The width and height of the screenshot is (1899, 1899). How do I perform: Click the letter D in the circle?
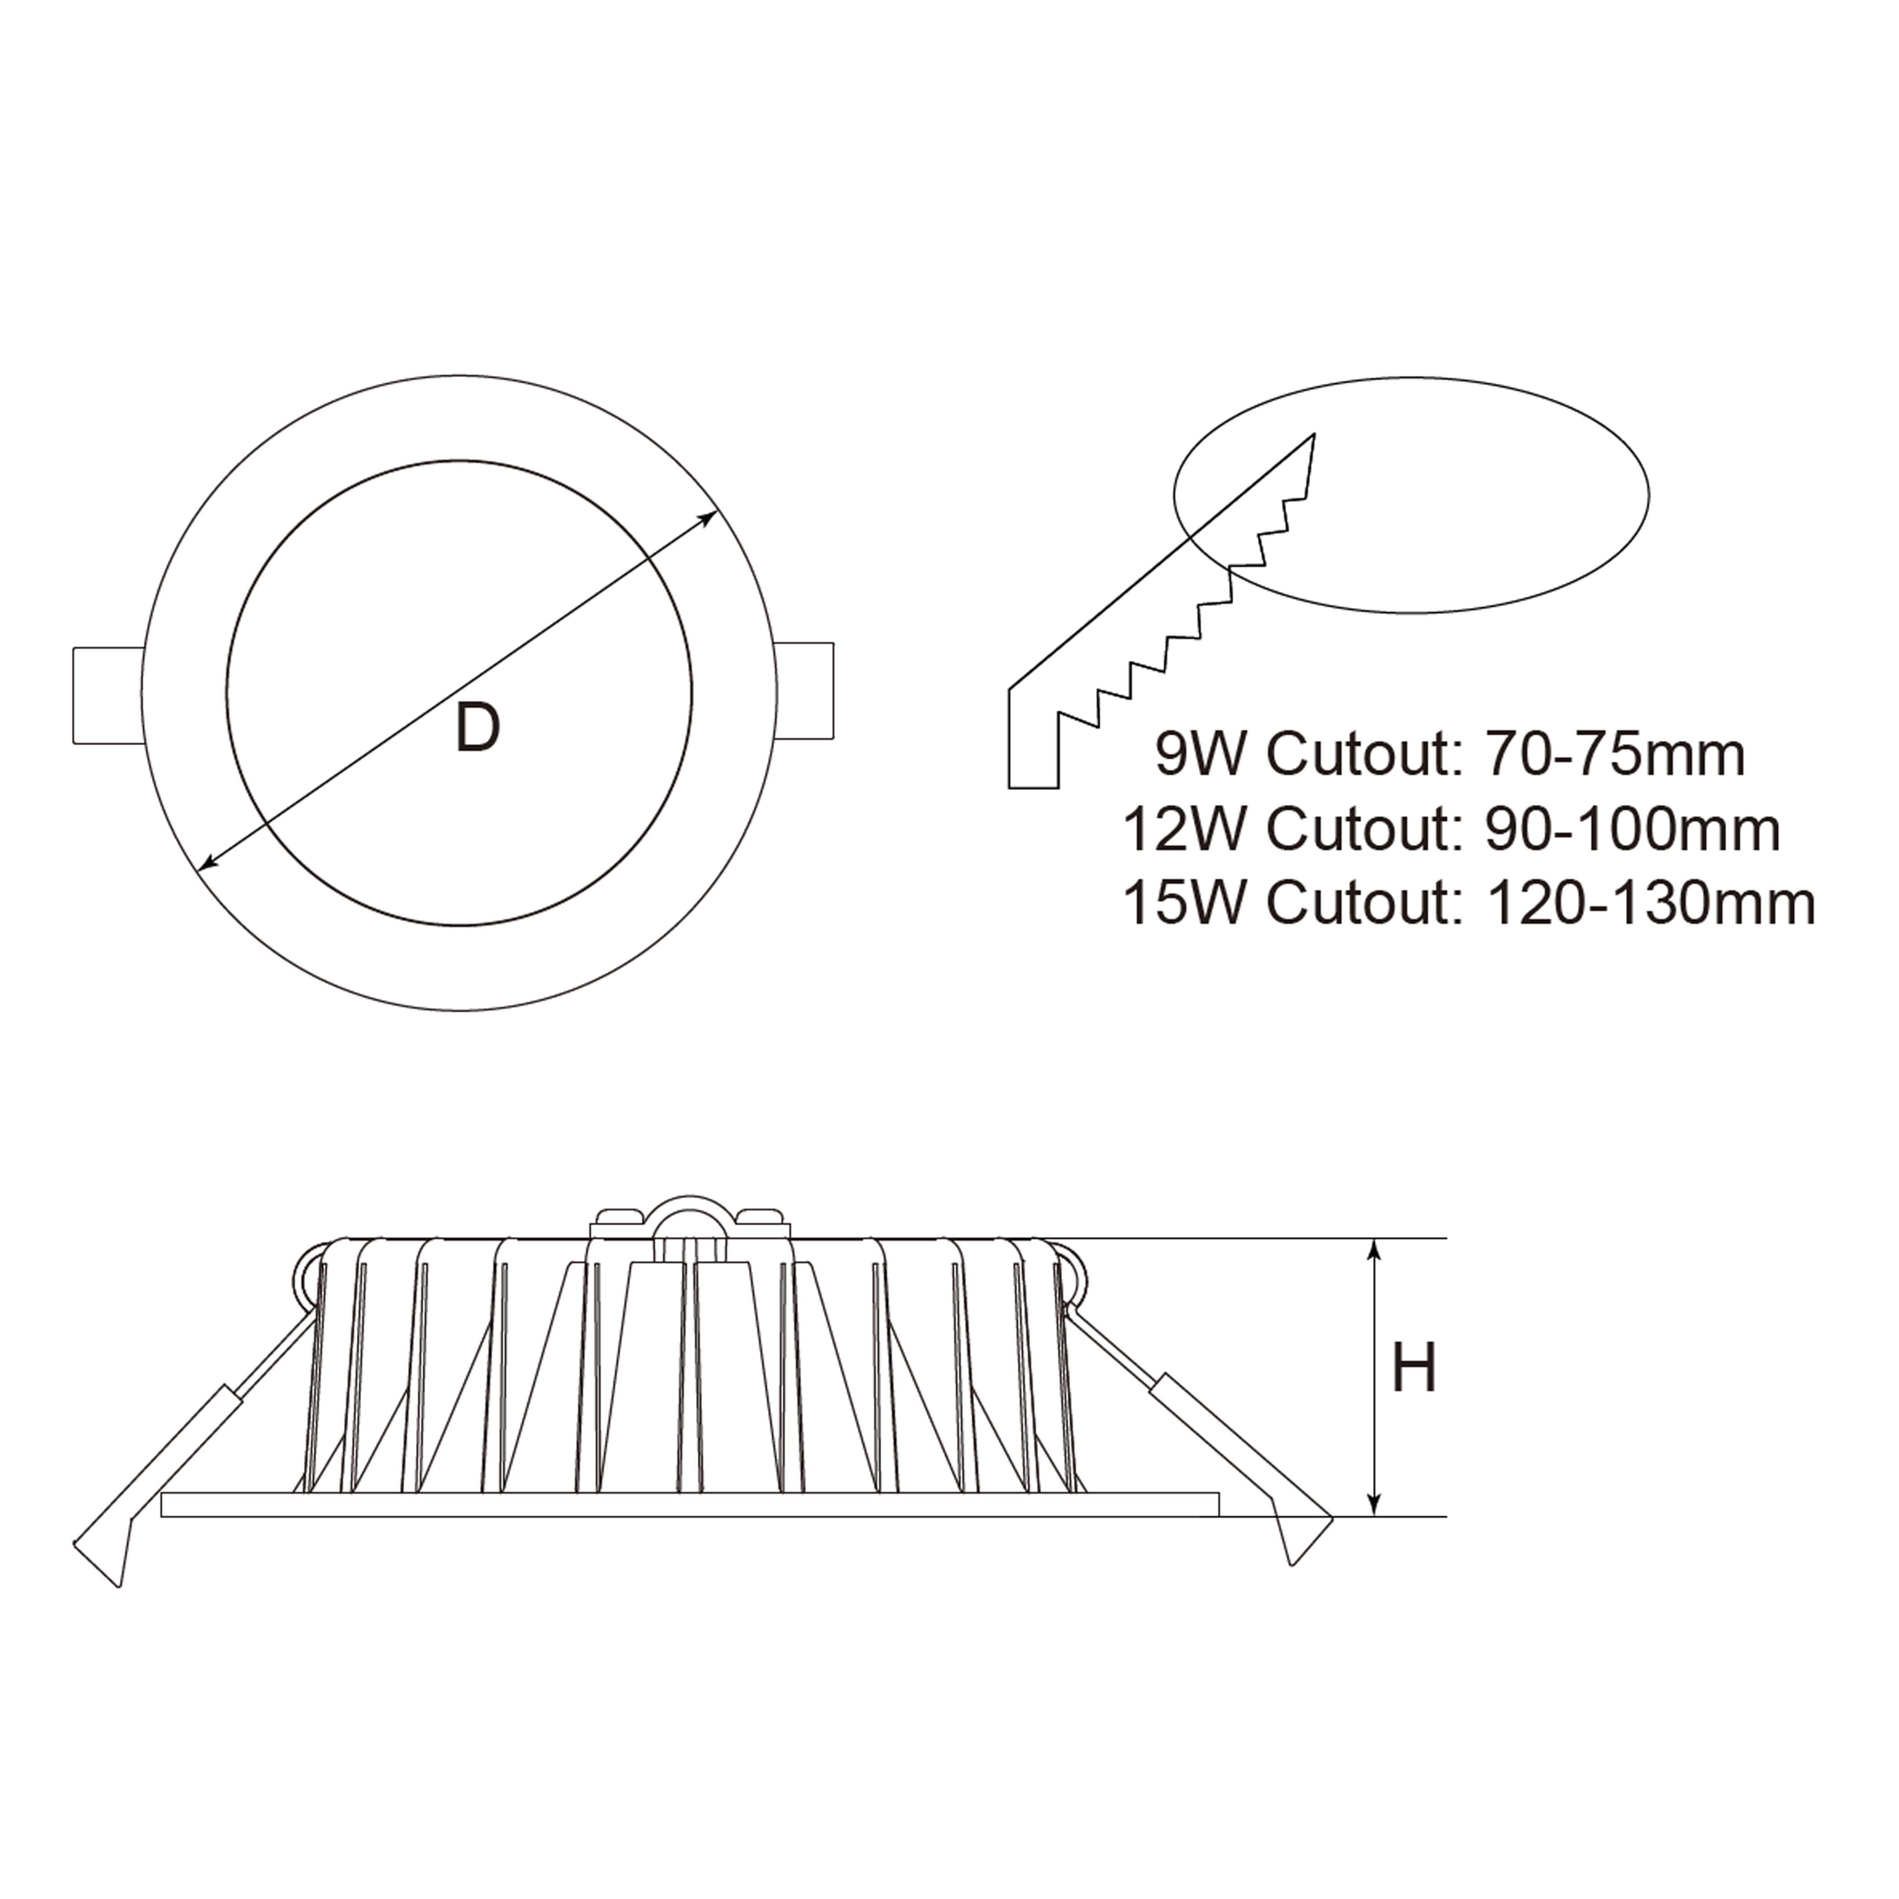click(478, 729)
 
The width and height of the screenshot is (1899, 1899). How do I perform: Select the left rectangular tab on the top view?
click(108, 694)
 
